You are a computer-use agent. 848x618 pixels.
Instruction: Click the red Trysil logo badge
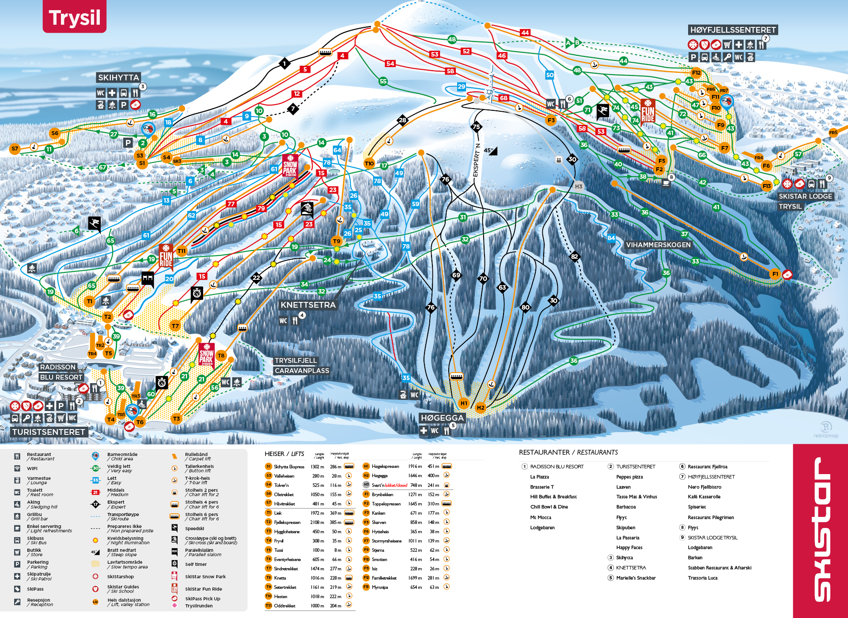click(x=74, y=17)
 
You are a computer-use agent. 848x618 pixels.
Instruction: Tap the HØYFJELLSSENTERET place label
click(x=733, y=30)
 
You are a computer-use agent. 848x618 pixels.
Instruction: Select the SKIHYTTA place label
click(x=118, y=78)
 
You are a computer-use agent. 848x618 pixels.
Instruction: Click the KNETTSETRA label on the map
click(x=308, y=305)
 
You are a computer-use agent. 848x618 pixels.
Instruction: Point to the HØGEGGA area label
click(x=442, y=418)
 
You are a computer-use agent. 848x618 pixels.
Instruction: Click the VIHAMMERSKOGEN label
click(x=658, y=245)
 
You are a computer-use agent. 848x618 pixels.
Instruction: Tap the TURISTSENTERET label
click(x=49, y=432)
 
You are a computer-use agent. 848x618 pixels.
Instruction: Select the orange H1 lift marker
click(x=464, y=403)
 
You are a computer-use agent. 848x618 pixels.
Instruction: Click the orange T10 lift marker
click(x=369, y=163)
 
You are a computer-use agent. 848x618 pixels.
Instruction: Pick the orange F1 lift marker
click(x=775, y=274)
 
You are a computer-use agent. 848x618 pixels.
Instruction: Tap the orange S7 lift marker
click(x=15, y=149)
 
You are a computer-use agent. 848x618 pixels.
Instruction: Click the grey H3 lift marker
click(x=579, y=186)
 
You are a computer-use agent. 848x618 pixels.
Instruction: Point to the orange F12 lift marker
click(x=697, y=73)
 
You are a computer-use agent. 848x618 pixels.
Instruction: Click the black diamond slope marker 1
click(x=284, y=64)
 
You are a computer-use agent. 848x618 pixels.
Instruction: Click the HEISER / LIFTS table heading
click(x=284, y=454)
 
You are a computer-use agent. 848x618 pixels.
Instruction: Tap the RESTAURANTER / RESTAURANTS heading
click(x=568, y=452)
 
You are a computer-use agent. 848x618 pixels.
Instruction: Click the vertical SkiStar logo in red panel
click(x=821, y=530)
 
